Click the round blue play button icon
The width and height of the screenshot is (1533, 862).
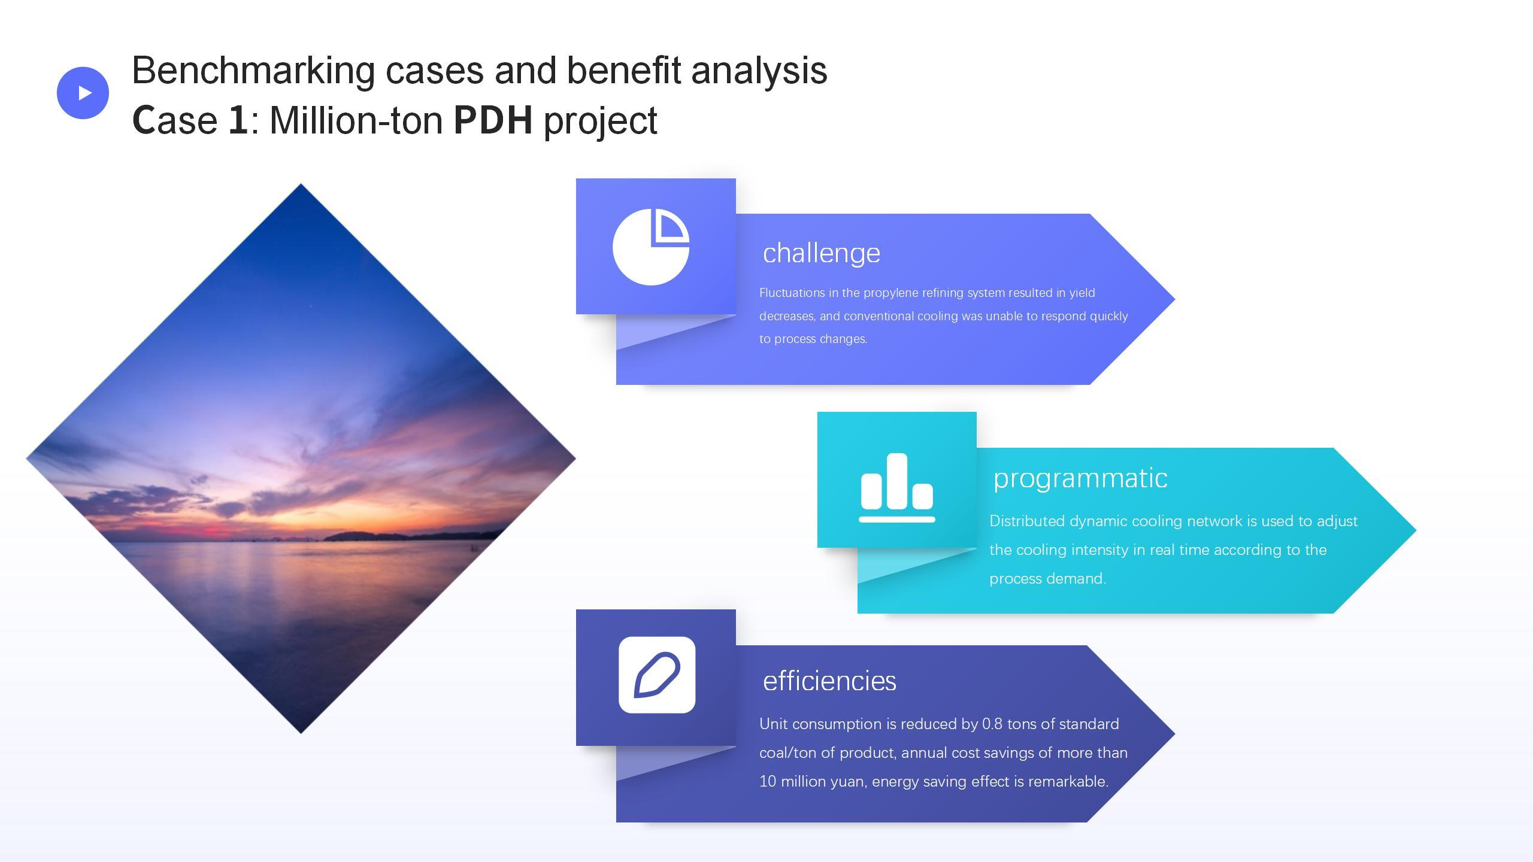pos(83,93)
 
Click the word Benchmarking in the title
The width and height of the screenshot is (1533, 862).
pos(253,71)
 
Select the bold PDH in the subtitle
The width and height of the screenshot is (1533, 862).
pos(493,120)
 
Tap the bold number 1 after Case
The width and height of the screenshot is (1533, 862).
pos(238,120)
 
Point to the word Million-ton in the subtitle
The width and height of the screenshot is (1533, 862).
pos(356,120)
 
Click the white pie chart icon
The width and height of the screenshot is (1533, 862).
pos(651,247)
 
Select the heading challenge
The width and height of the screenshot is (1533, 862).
pos(822,253)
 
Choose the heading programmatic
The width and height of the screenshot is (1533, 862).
pos(1080,478)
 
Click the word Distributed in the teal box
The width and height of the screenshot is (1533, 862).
pos(1027,521)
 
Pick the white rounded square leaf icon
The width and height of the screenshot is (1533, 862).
pos(657,675)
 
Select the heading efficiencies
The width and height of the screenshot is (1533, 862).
pos(829,681)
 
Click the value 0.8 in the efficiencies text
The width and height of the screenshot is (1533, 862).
pos(992,724)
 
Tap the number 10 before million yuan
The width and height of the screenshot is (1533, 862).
pos(767,781)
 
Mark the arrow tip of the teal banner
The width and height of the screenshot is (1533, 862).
pos(1416,530)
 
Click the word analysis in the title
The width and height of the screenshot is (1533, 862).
pos(759,71)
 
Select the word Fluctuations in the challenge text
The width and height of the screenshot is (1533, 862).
pos(792,293)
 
